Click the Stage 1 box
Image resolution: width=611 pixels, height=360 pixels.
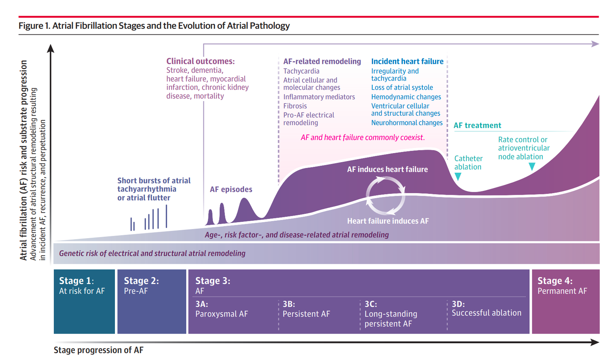(x=84, y=301)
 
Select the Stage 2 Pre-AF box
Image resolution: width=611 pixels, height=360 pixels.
(x=152, y=301)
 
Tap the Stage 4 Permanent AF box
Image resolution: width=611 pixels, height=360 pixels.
(x=565, y=301)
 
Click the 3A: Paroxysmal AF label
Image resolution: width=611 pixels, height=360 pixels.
(x=221, y=309)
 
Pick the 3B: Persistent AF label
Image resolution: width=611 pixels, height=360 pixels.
(x=306, y=309)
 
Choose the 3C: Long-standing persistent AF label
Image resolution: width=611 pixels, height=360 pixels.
(x=391, y=314)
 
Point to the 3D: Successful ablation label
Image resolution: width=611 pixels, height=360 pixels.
(x=486, y=308)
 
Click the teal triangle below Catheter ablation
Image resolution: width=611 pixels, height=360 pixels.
(x=458, y=176)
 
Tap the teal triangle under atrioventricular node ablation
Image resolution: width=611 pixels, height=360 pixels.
(x=532, y=166)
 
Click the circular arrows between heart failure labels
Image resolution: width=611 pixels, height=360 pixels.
(x=385, y=195)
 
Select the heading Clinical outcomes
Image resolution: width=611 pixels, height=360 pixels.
(x=200, y=61)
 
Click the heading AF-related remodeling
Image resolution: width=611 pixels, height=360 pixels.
(x=322, y=61)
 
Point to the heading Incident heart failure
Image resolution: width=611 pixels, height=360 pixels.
(x=407, y=61)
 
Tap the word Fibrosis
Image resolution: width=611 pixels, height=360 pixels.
(x=295, y=106)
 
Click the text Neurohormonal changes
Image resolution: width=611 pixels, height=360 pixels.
(x=407, y=123)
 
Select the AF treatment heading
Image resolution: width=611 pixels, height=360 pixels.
(x=477, y=126)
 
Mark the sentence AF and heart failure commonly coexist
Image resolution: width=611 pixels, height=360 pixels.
(x=362, y=137)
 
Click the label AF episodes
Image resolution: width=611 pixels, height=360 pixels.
(x=231, y=189)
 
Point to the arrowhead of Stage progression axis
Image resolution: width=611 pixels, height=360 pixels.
(x=595, y=342)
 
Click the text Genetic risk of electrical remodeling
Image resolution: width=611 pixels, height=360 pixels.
(x=152, y=253)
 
